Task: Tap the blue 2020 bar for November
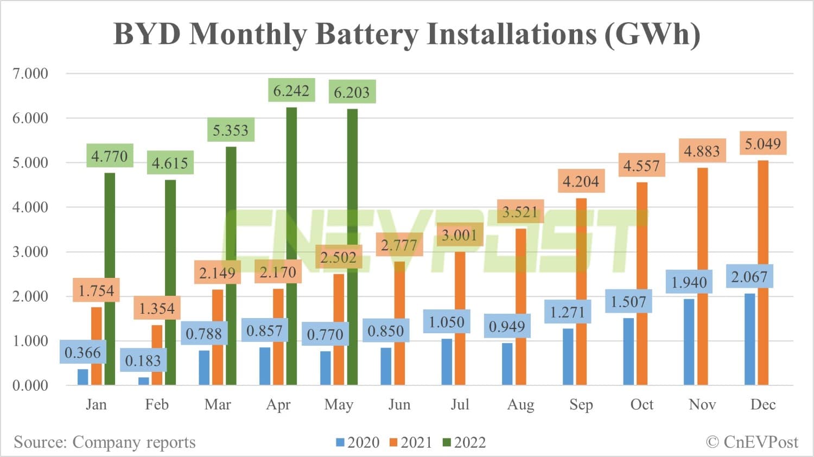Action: (689, 342)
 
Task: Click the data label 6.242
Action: (291, 91)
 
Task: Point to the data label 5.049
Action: (762, 144)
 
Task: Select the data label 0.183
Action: (143, 361)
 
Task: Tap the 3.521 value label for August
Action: (520, 212)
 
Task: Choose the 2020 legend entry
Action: (358, 442)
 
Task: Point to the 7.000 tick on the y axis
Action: (30, 74)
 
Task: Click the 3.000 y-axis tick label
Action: (30, 252)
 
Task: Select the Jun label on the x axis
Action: (399, 404)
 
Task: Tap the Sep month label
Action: (581, 404)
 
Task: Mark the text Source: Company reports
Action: (105, 442)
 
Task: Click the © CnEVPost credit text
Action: (752, 442)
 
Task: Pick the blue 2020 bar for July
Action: (447, 362)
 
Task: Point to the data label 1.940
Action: (689, 282)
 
